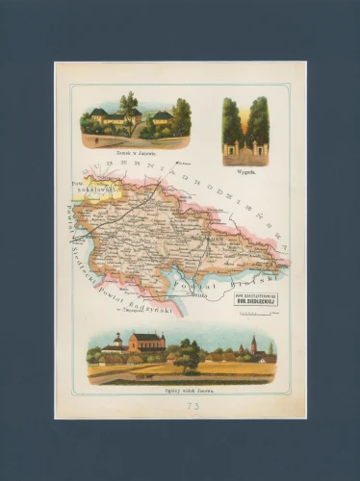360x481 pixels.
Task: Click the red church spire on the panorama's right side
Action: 253,345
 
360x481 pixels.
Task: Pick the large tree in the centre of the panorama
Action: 189,354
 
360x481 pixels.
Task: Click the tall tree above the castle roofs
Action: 129,103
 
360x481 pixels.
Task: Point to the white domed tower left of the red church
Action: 117,342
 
